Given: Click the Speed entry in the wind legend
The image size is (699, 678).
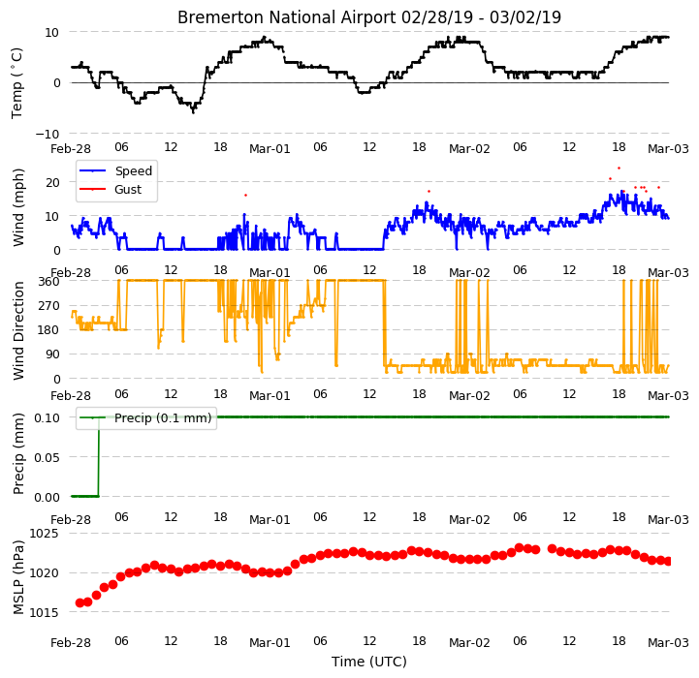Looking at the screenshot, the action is pos(133,171).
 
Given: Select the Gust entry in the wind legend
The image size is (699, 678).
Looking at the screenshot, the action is pos(128,189).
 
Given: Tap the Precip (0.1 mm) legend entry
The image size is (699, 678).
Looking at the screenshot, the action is pos(163,417).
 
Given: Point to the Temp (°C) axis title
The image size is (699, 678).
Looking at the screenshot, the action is pos(16,83).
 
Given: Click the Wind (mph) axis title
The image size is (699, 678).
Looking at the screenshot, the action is pos(17,207).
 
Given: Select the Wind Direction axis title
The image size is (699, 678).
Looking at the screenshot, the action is pos(18,331).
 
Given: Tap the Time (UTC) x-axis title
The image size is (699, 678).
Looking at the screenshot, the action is pos(369,662).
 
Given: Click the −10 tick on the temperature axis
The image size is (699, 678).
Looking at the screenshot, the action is pos(48,134).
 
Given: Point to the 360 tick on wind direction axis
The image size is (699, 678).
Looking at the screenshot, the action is pos(49,282).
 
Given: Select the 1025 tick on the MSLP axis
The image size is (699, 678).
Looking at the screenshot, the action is pos(45,534).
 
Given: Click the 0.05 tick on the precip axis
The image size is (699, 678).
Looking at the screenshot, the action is pos(47,457).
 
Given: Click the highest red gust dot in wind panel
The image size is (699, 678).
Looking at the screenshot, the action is pos(619,168).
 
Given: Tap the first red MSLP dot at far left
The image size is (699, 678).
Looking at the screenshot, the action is pos(79,602).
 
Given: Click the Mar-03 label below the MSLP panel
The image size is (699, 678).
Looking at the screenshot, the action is pos(668,643).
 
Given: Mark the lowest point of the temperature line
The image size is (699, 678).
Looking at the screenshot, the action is pos(193,112).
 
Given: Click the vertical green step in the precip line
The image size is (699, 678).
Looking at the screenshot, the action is pos(99,456).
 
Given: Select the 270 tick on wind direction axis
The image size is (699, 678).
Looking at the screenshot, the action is pos(49,306).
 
